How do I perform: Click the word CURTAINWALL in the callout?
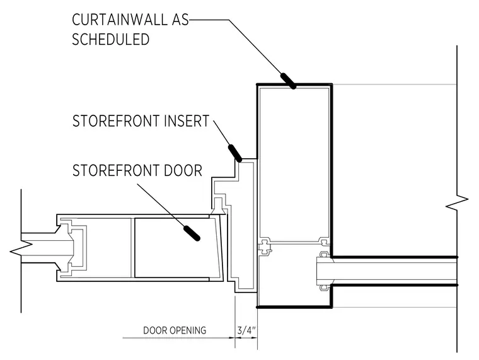tap(120, 20)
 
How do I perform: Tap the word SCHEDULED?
tap(110, 40)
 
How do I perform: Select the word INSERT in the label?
tap(187, 121)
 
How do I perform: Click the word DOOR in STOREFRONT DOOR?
tap(183, 170)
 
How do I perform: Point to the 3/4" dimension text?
tap(246, 330)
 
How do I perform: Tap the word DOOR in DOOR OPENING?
tap(156, 330)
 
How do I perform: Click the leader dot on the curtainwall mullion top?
tap(289, 81)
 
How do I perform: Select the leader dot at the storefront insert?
tap(235, 153)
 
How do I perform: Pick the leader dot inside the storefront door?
tap(192, 233)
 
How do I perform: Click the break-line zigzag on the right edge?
tap(457, 202)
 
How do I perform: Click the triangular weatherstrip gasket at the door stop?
tap(218, 211)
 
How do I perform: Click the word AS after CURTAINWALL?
tap(180, 20)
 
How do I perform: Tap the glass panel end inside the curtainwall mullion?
tap(324, 271)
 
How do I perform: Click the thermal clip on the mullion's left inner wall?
tap(265, 247)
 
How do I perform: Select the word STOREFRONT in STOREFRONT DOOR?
tap(117, 170)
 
